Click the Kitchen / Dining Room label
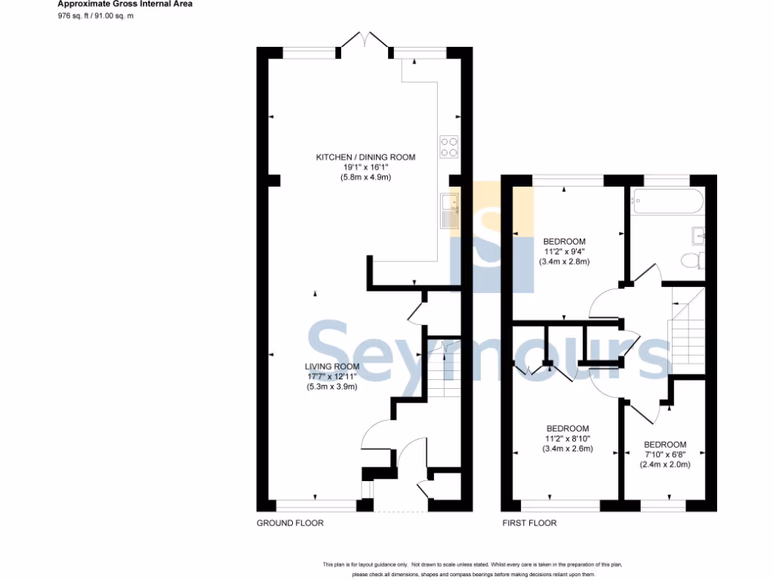click(365, 157)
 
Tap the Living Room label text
click(331, 367)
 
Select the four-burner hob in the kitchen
click(449, 147)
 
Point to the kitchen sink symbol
click(449, 210)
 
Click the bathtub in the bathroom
click(668, 202)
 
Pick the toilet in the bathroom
click(691, 261)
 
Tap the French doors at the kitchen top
click(365, 42)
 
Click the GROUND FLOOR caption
click(290, 523)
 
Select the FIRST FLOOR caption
click(529, 523)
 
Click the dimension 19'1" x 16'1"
click(365, 168)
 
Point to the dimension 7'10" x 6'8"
click(665, 455)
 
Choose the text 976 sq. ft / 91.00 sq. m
click(96, 15)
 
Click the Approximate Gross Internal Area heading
click(125, 4)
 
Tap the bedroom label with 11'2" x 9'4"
click(564, 242)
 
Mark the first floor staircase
click(685, 332)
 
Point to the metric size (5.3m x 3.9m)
click(331, 387)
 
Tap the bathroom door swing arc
click(646, 273)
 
